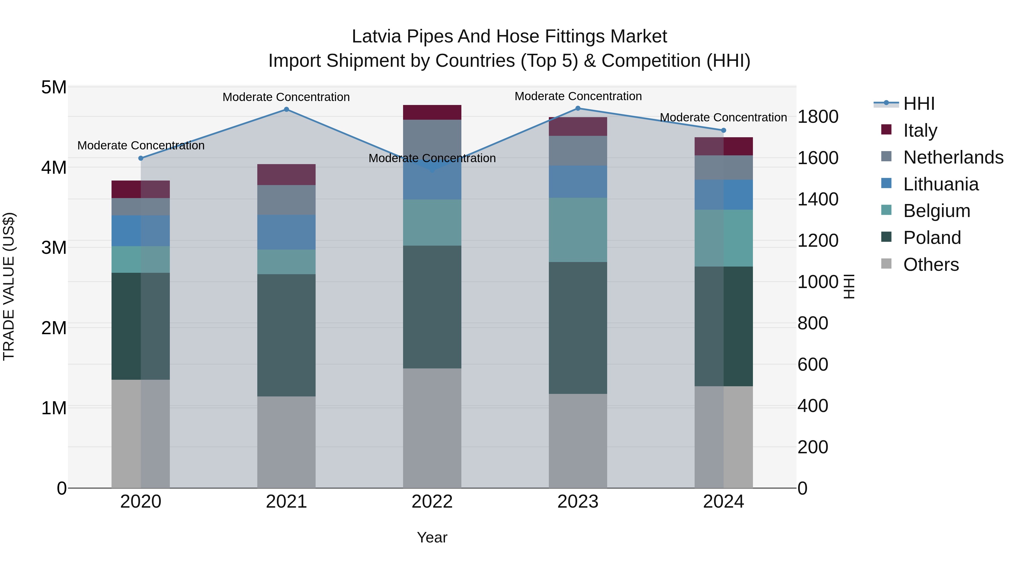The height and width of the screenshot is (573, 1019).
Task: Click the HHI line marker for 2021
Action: click(286, 110)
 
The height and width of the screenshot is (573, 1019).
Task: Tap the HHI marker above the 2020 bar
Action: click(141, 158)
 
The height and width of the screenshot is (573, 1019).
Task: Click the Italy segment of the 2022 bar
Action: click(432, 112)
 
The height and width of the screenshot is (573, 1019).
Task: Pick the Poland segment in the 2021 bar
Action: click(286, 335)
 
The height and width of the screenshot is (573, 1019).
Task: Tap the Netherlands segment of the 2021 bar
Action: click(286, 200)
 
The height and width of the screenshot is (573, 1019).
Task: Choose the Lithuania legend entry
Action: click(941, 184)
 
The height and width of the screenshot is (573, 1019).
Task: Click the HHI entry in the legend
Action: click(919, 104)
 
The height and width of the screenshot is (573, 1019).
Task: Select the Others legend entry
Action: click(931, 265)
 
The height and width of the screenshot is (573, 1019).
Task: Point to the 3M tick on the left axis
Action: click(54, 248)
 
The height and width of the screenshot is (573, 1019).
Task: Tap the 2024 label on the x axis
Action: click(723, 502)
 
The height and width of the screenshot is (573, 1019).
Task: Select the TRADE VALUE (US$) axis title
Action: click(9, 286)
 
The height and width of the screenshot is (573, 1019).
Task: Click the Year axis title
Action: click(432, 537)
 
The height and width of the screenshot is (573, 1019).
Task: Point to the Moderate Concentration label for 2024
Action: click(723, 117)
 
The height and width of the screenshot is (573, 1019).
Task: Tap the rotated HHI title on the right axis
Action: click(849, 286)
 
